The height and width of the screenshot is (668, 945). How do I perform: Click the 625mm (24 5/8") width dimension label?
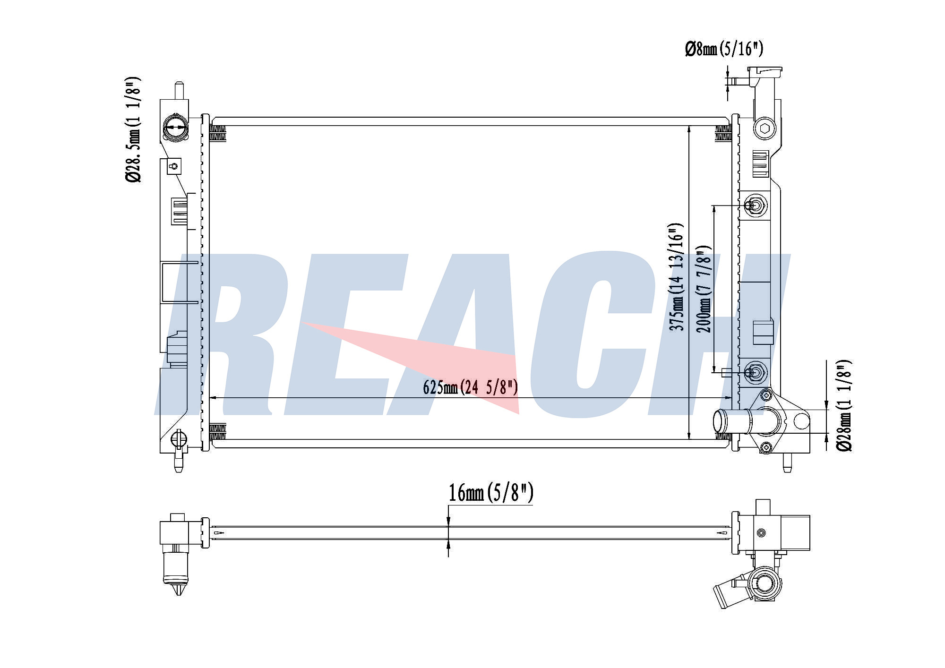click(x=471, y=387)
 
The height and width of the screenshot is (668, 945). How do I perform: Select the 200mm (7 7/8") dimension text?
click(x=704, y=289)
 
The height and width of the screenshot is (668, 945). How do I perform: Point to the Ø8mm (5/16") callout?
click(x=724, y=49)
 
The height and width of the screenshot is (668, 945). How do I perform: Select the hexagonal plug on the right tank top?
click(x=765, y=128)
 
